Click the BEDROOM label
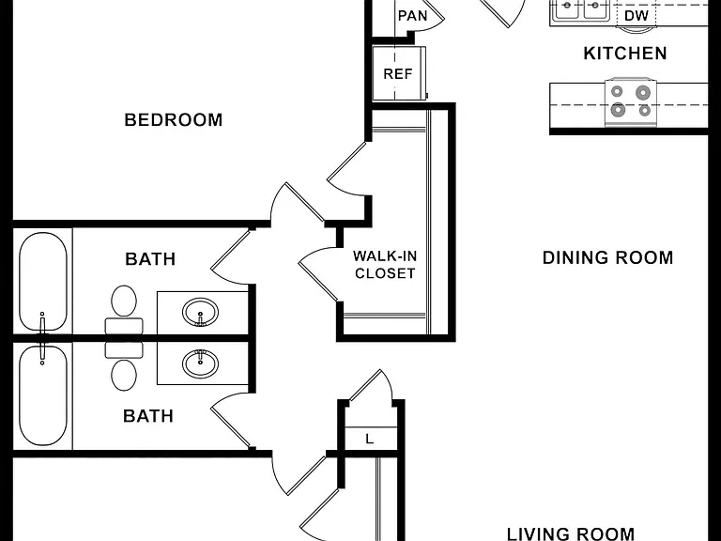(174, 120)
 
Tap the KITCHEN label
(625, 54)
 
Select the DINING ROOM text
(608, 257)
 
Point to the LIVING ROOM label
(571, 534)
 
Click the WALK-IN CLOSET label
(385, 265)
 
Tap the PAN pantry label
(412, 16)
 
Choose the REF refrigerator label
(398, 74)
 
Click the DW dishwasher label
(637, 16)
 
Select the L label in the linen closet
(370, 440)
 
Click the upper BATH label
(150, 259)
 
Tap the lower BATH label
(148, 416)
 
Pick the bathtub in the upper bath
(43, 282)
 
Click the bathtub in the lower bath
(43, 395)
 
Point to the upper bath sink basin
(201, 313)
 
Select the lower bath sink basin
(201, 363)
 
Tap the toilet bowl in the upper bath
(124, 301)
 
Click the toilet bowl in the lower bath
(124, 375)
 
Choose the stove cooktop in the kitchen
(631, 101)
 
